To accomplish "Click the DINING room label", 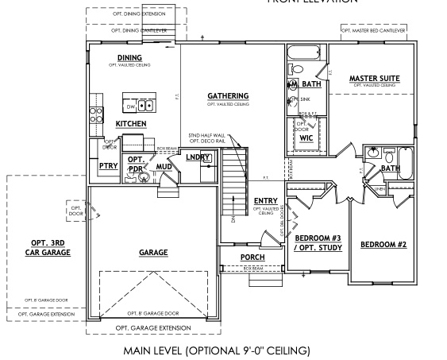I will (x=129, y=58).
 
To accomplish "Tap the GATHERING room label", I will (x=228, y=95).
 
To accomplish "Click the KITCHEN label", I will (x=131, y=124).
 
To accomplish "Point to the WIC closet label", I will (x=306, y=137).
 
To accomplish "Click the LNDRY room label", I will (x=198, y=157).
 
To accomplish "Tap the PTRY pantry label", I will (x=108, y=165).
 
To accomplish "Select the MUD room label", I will (x=164, y=166).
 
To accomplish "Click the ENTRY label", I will (x=264, y=200).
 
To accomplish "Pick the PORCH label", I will (x=252, y=257).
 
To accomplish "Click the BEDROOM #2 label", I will (x=383, y=244).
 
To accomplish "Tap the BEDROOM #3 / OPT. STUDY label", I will (x=317, y=242).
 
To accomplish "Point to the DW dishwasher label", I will (x=129, y=105).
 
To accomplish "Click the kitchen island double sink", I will (x=146, y=105).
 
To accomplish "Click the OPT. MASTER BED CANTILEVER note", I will (x=373, y=30).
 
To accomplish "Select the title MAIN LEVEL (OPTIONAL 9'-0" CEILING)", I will (x=216, y=350).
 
